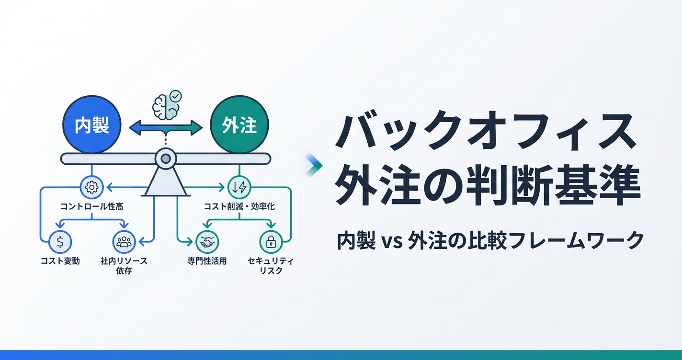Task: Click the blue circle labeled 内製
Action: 92,125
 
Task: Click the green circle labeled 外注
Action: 239,125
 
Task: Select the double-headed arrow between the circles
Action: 166,127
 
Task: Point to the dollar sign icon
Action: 60,242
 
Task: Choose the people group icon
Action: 124,242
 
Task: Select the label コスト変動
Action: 60,261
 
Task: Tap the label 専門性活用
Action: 207,261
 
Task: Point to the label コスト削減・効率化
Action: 239,207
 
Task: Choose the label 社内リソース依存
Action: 124,266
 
